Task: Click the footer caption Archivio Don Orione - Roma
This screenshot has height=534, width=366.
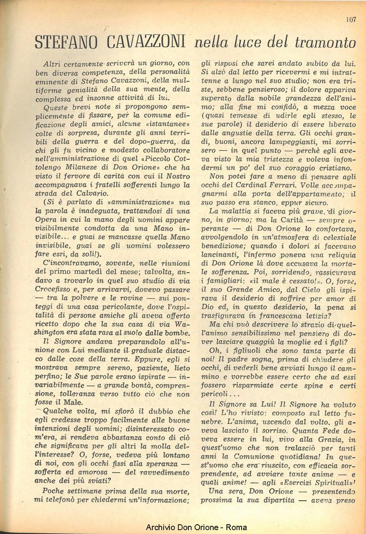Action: coord(196,527)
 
